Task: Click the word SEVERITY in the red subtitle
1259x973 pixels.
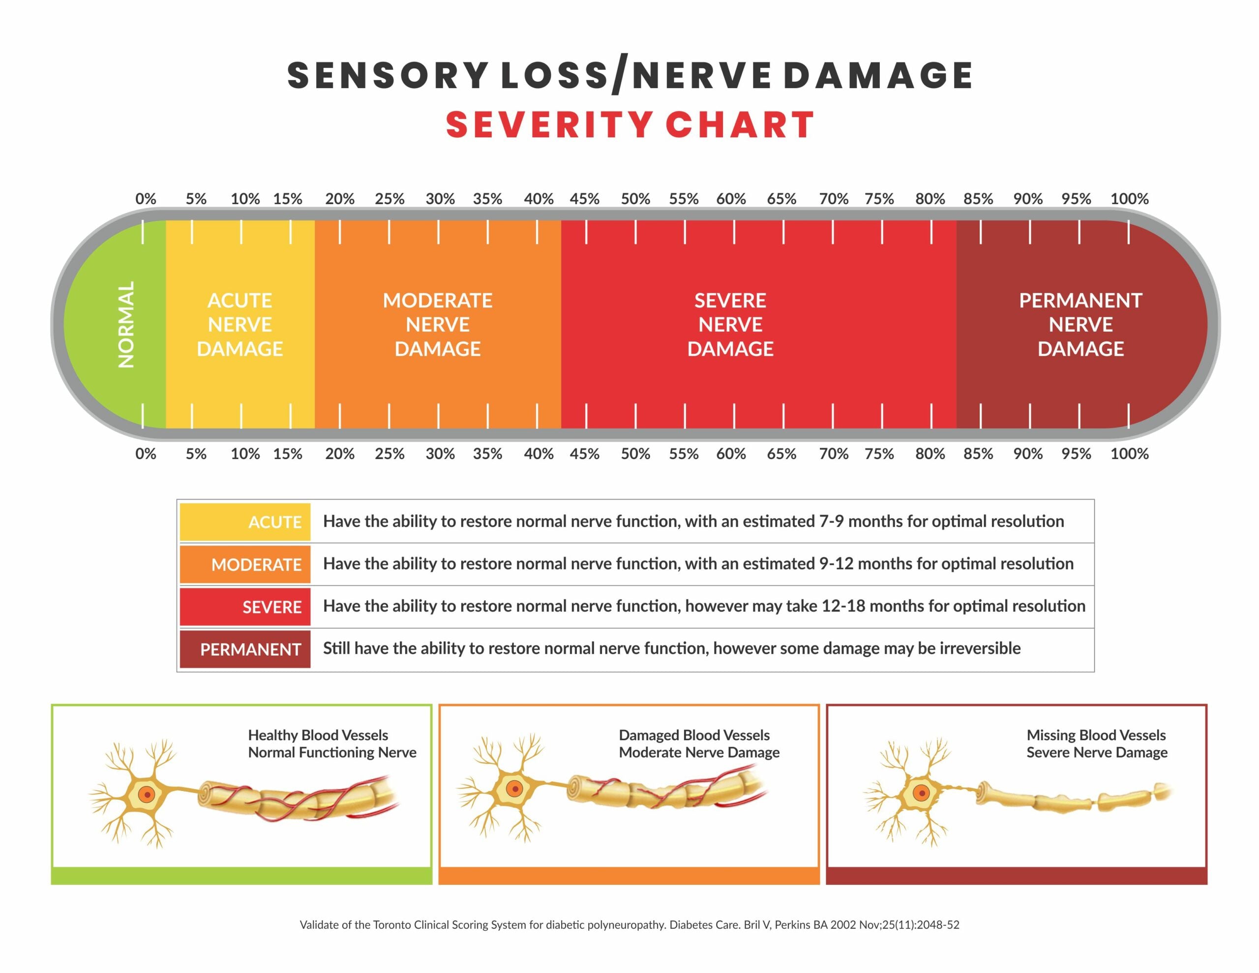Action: (x=549, y=125)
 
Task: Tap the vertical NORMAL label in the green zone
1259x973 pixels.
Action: (x=126, y=325)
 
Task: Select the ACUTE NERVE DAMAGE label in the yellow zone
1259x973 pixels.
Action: (x=240, y=325)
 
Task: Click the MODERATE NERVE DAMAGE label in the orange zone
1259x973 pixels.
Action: (x=438, y=325)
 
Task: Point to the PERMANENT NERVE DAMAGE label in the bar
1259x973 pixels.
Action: (x=1080, y=325)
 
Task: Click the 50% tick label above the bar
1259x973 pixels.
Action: (x=635, y=199)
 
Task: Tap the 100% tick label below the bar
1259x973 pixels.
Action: (x=1129, y=454)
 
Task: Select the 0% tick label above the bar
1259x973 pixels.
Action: (x=146, y=199)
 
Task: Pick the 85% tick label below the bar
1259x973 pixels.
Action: (x=978, y=454)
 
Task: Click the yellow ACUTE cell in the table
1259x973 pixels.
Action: (x=245, y=522)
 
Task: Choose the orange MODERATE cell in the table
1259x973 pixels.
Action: (x=245, y=564)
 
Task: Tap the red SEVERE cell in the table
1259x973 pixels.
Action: (x=245, y=607)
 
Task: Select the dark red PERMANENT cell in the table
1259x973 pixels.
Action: (x=245, y=649)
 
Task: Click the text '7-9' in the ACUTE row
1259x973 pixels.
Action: (x=831, y=521)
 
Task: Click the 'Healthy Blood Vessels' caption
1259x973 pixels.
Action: (x=318, y=735)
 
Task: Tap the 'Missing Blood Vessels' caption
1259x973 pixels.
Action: (x=1096, y=735)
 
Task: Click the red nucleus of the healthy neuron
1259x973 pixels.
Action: (x=148, y=795)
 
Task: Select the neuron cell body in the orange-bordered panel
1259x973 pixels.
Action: (x=514, y=789)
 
